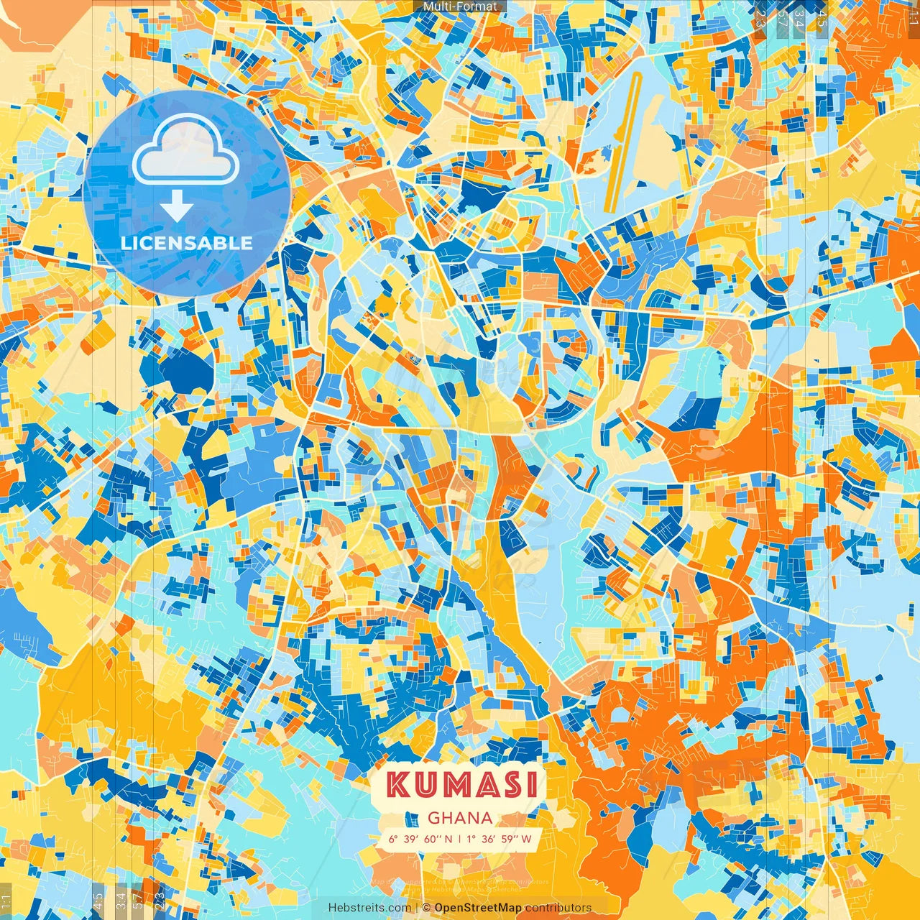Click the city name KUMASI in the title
coord(461,785)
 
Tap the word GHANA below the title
coord(460,818)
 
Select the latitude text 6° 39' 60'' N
coord(420,839)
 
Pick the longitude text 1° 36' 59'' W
coord(500,839)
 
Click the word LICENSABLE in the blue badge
coord(187,243)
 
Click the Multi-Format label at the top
coord(460,6)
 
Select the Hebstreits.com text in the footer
coord(370,908)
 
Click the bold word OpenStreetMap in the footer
coord(478,908)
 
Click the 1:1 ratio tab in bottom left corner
coord(6,901)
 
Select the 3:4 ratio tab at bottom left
coord(121,901)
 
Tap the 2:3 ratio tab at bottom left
coord(160,901)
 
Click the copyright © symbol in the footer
coord(425,908)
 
